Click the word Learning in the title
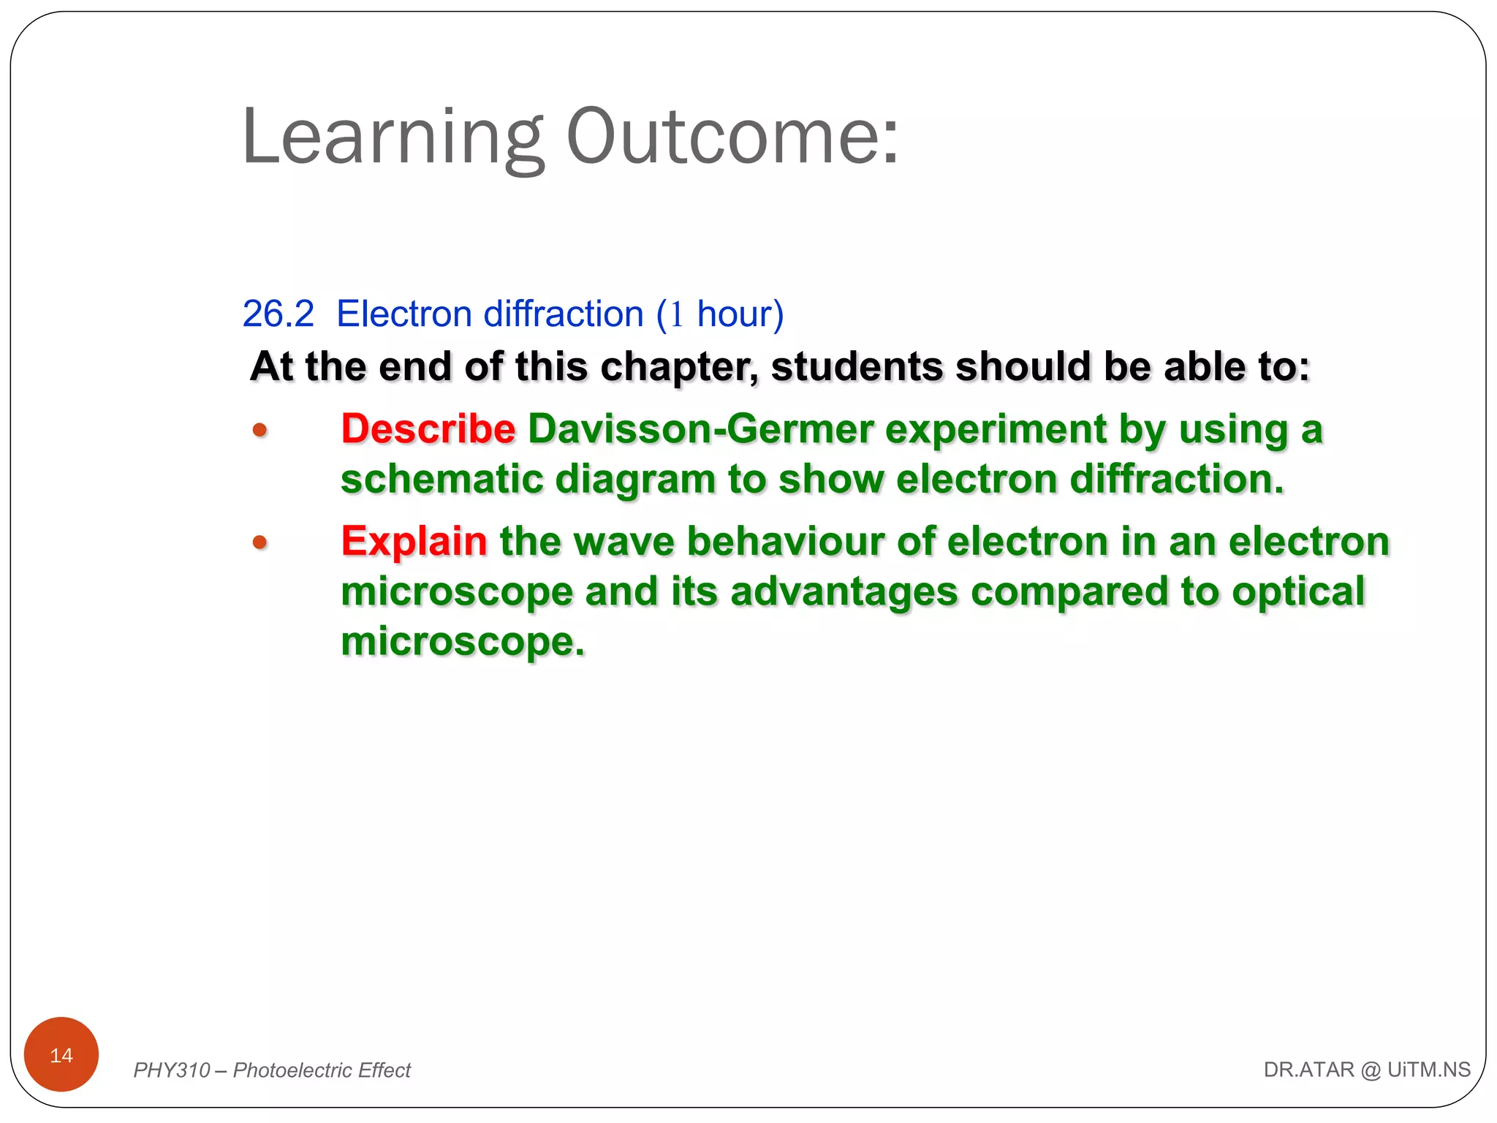(x=392, y=137)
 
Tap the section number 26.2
(x=278, y=314)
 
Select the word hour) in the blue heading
(x=740, y=314)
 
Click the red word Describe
(x=428, y=428)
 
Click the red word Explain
(x=414, y=541)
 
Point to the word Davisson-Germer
(x=700, y=428)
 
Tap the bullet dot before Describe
(x=259, y=431)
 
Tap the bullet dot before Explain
(x=259, y=542)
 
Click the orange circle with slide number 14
(x=61, y=1054)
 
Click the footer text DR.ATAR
(x=1308, y=1070)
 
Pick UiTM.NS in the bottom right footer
(x=1428, y=1070)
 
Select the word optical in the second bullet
(x=1298, y=591)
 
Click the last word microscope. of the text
(x=463, y=642)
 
